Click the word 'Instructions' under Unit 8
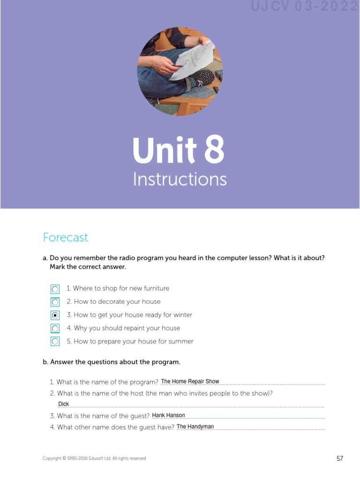coord(180,180)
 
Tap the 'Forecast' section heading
coord(65,238)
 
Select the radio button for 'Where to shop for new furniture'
coord(55,289)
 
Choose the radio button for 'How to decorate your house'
coord(55,302)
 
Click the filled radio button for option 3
coord(55,315)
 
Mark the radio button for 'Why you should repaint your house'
coord(55,329)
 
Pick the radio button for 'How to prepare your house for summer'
coord(55,342)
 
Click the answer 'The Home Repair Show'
coord(190,382)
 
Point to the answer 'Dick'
coord(63,404)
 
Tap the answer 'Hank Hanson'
coord(168,415)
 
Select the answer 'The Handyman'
coord(195,427)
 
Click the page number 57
coord(340,458)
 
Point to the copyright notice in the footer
coord(94,458)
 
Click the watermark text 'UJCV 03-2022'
coord(305,7)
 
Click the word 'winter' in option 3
coord(183,315)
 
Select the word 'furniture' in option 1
coord(153,288)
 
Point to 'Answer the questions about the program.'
coord(115,362)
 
